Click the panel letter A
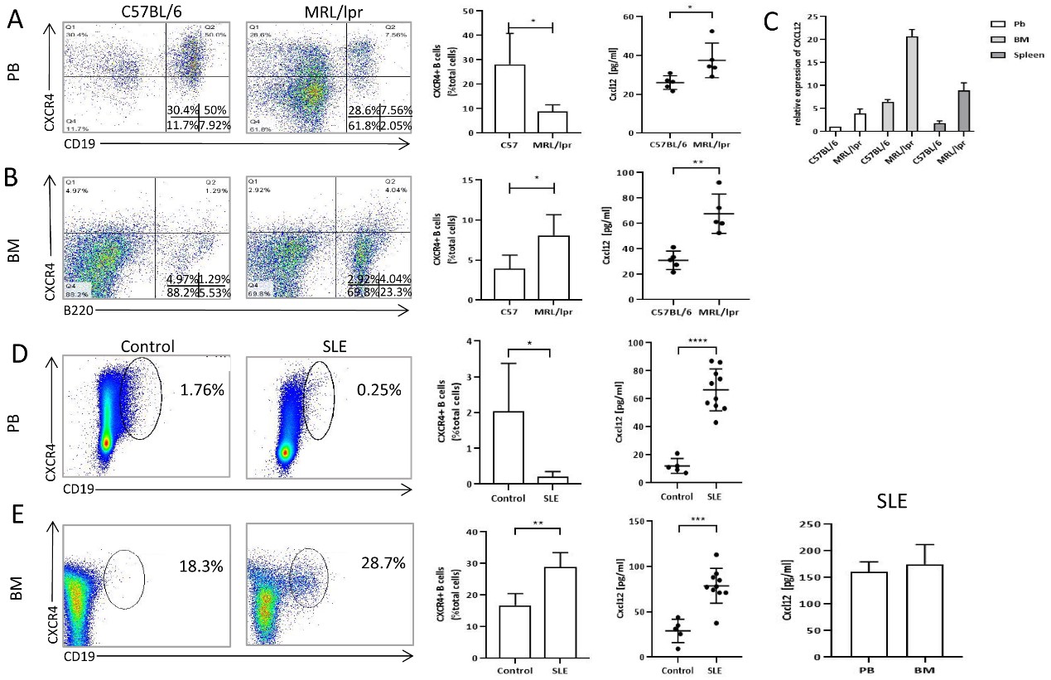14,21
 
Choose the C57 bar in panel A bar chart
509,99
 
